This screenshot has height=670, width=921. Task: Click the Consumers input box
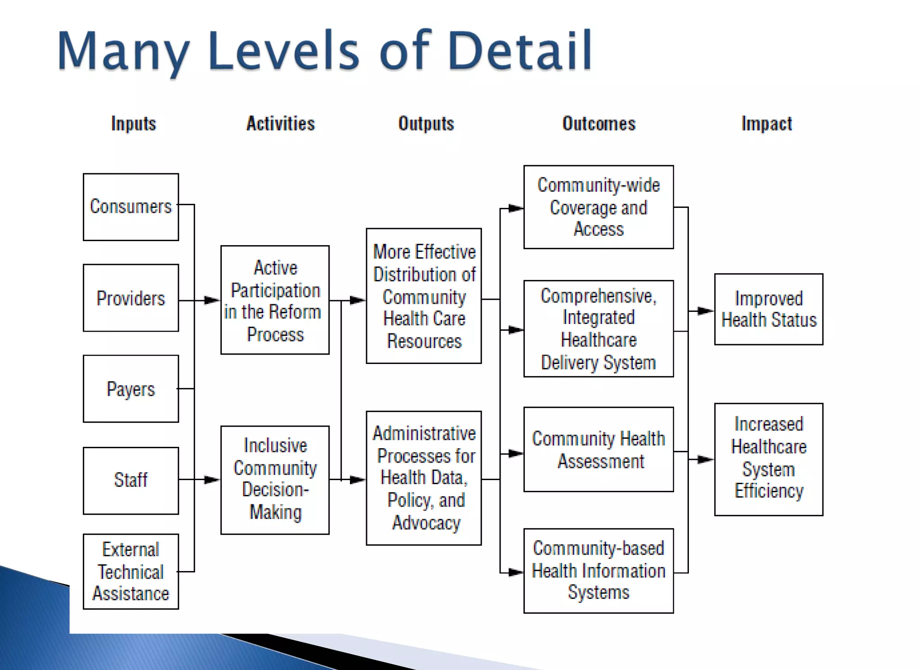(131, 207)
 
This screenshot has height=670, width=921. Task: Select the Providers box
(131, 298)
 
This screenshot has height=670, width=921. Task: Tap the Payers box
(131, 389)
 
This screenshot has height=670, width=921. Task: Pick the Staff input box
(131, 480)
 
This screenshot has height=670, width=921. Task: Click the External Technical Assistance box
(131, 571)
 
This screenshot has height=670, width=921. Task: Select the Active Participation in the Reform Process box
(275, 300)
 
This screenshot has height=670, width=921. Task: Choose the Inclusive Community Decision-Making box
(275, 480)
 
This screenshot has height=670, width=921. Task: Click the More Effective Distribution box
(424, 296)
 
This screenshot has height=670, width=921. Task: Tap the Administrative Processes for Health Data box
(424, 478)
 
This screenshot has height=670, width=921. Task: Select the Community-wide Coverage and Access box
(599, 207)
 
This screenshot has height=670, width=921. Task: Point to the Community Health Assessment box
(599, 450)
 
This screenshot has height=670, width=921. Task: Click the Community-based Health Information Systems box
(599, 571)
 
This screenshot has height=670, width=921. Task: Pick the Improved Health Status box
(769, 309)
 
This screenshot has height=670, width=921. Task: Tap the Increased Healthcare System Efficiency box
(769, 459)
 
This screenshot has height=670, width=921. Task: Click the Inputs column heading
(134, 124)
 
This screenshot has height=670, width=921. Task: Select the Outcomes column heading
(599, 124)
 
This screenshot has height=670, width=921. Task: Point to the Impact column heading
(767, 124)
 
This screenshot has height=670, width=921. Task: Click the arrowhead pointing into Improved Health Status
(706, 310)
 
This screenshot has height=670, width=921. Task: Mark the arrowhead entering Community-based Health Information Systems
(516, 572)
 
